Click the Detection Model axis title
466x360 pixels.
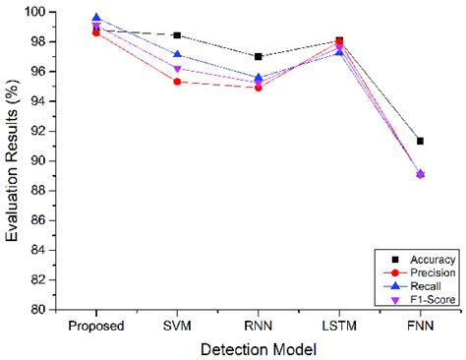[259, 348]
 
